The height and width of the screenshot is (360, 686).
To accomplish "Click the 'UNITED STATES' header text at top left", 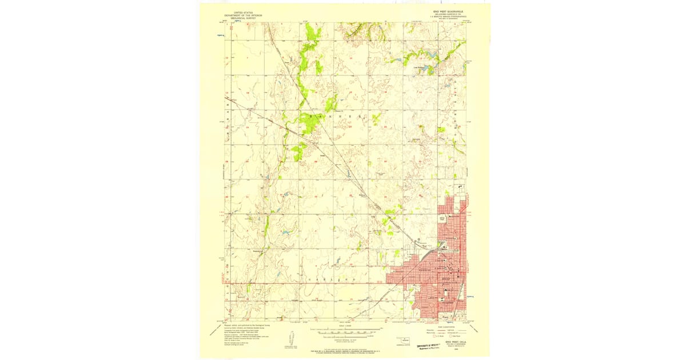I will click(238, 12).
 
